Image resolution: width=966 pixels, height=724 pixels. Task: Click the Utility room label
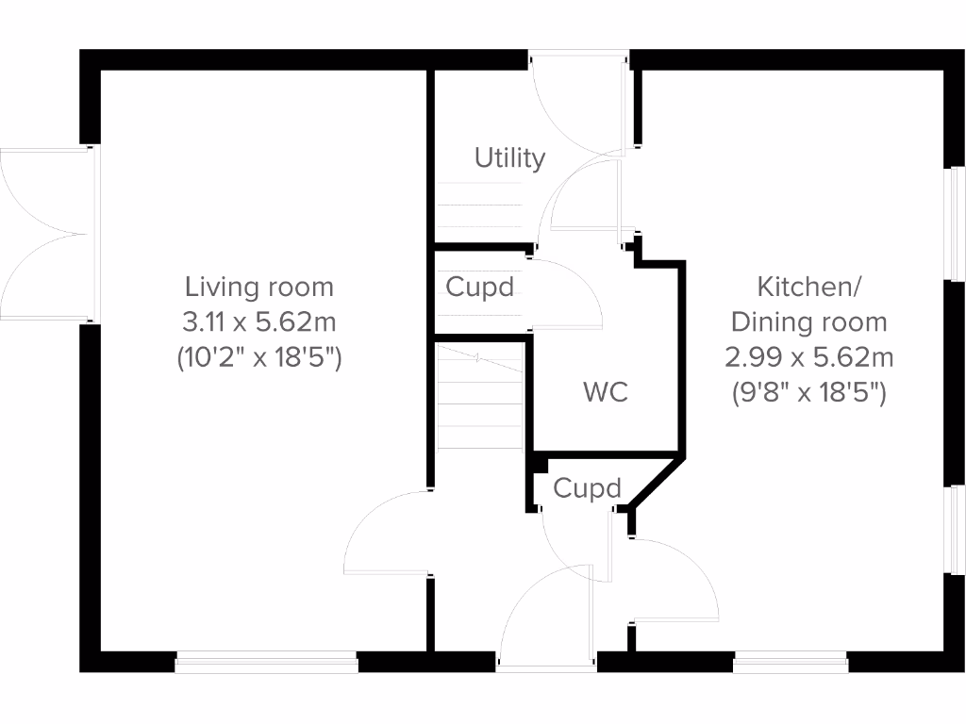[x=509, y=157]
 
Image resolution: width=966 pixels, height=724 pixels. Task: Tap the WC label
[x=606, y=392]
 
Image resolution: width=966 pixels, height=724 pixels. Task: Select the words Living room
[x=259, y=287]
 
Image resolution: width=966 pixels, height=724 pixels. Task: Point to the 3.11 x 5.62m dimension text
[x=259, y=322]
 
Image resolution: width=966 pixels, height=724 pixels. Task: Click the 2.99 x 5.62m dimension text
[x=808, y=357]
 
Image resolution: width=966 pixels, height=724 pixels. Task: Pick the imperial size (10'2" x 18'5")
[x=259, y=358]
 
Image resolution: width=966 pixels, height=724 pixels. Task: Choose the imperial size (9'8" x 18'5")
[x=808, y=393]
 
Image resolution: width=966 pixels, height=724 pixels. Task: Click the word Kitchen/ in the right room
[x=808, y=286]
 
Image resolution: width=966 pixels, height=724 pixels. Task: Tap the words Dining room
[x=808, y=321]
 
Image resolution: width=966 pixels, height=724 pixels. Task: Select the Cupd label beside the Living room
[x=479, y=288]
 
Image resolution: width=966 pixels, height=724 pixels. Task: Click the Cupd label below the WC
[x=587, y=488]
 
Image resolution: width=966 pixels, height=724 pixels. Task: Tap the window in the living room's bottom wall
[x=267, y=664]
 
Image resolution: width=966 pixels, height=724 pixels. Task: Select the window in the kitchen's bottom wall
[x=790, y=664]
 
